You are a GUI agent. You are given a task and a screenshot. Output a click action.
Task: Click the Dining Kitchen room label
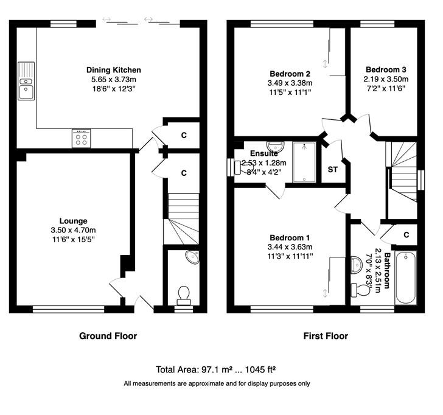114,70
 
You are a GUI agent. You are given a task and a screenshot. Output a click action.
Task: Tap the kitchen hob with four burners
82,138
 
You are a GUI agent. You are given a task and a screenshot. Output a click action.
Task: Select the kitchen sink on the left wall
26,81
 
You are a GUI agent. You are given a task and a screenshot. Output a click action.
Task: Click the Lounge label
73,221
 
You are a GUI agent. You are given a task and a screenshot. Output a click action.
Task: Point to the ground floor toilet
184,295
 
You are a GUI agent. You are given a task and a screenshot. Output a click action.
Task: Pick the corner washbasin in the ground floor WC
192,257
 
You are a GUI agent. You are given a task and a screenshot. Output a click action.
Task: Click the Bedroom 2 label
290,74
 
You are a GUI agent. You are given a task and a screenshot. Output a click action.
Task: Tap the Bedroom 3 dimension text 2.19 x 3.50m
386,79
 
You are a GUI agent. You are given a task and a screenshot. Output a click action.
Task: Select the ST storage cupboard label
332,170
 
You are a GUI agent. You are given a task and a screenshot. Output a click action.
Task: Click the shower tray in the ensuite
304,162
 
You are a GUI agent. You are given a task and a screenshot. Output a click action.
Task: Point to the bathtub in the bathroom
406,278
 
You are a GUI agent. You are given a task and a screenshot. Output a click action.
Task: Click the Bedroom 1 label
290,237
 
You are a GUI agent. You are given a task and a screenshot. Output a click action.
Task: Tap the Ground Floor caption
108,336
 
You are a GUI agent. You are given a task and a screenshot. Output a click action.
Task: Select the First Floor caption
326,336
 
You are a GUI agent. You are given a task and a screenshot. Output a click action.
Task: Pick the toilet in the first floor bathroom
361,290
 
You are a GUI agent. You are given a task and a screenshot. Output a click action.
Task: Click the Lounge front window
69,309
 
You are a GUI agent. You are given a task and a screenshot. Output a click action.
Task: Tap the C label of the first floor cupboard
406,235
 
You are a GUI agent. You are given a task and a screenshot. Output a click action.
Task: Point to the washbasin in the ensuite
276,147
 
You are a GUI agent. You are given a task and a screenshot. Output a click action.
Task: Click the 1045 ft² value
260,369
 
